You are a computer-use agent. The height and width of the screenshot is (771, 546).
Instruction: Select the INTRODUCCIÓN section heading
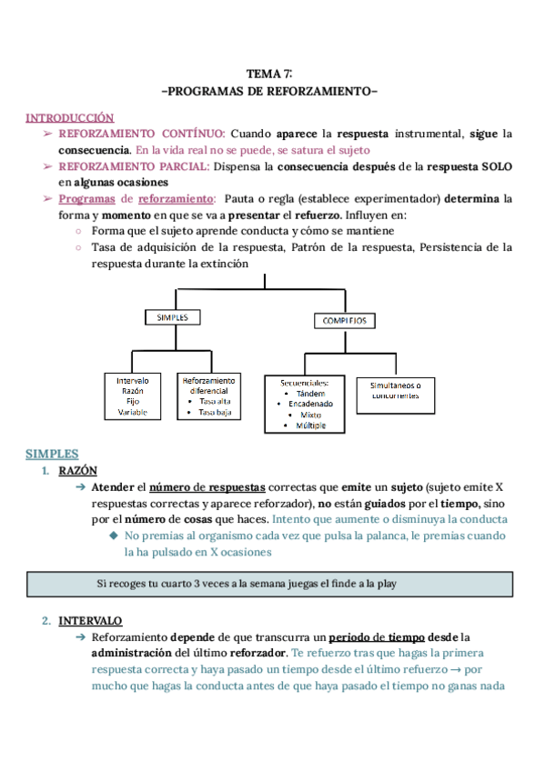coord(69,117)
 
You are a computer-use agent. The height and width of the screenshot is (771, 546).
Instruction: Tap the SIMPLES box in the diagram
coord(172,317)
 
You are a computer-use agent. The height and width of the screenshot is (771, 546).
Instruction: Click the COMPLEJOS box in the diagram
coord(345,321)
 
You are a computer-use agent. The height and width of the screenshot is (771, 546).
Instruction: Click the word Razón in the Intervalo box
coord(133,390)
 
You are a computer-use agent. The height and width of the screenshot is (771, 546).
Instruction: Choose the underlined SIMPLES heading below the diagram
coord(52,454)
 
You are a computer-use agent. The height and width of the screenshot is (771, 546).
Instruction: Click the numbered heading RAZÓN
coord(76,471)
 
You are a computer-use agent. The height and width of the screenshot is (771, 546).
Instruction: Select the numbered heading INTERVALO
coord(90,621)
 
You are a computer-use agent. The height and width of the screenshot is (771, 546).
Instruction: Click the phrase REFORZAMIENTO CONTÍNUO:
coord(154,134)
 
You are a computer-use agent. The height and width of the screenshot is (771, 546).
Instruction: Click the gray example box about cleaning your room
coord(272,583)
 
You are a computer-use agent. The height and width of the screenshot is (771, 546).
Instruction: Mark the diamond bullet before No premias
coord(115,536)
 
